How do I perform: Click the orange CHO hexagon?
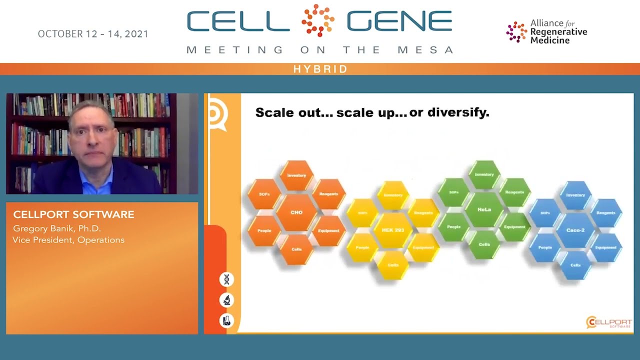[296, 212]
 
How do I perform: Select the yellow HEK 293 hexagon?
[393, 230]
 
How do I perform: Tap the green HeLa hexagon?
[484, 209]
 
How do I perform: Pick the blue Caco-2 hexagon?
[575, 230]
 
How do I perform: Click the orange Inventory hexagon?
[296, 175]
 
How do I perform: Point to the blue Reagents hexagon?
[606, 213]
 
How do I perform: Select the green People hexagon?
[453, 227]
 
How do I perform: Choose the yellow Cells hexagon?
[393, 265]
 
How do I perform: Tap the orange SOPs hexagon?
[264, 194]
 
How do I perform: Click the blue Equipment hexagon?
[606, 247]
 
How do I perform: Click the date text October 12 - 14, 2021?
[93, 34]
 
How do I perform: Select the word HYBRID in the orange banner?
[320, 69]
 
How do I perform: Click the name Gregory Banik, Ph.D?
[57, 228]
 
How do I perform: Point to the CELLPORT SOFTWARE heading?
[73, 214]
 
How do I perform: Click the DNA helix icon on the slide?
[226, 279]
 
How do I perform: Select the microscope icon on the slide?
[226, 300]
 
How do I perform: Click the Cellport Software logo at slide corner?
[608, 322]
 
